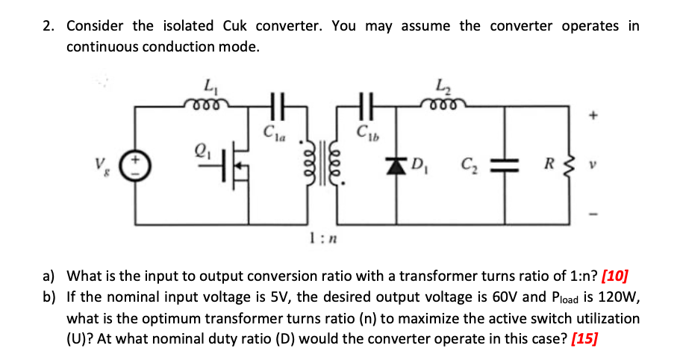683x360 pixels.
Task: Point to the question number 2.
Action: pyautogui.click(x=49, y=26)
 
